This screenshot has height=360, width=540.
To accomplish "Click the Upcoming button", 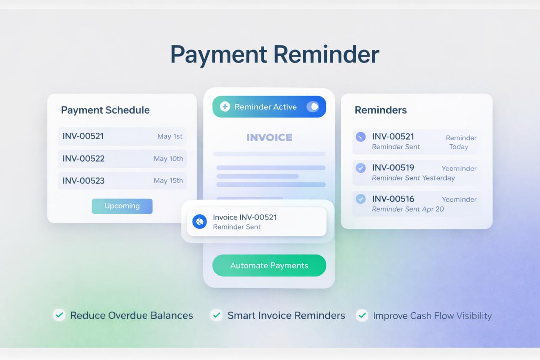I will (x=122, y=206).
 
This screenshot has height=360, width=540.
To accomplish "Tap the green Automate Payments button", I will (x=269, y=265).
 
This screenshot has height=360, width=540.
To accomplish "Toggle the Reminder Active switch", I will (x=313, y=107).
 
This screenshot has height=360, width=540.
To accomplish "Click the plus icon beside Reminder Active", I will (x=225, y=107).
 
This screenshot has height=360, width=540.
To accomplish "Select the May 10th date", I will (x=168, y=159).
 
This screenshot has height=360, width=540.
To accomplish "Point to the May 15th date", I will (x=168, y=181).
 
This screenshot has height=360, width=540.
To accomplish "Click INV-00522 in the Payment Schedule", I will (x=83, y=159).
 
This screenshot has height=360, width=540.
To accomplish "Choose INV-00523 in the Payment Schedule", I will (x=83, y=181).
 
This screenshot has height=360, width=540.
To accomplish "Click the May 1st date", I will (x=170, y=136).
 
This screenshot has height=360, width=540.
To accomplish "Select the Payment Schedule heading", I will (x=105, y=110).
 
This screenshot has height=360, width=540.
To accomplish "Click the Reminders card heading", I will (x=381, y=110).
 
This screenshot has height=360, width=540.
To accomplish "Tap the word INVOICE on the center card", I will (x=269, y=137).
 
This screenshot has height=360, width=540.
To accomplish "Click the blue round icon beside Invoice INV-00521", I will (x=199, y=222).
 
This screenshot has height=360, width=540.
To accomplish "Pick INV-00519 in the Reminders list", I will (x=393, y=167).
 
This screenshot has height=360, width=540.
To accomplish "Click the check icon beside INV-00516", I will (x=361, y=199).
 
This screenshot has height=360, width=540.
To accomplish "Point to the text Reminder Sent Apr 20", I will (x=408, y=209).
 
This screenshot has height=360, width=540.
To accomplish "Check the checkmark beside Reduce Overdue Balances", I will (x=59, y=315).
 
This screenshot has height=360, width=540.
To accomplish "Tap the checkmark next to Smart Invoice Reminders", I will (x=216, y=315).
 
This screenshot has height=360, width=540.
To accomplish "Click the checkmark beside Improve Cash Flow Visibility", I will (x=362, y=316).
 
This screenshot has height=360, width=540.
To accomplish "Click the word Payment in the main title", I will (x=218, y=54).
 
